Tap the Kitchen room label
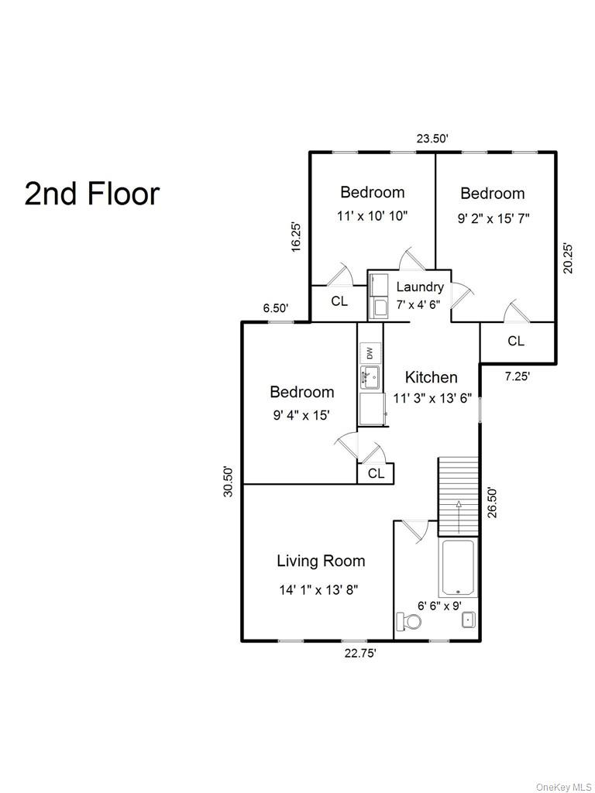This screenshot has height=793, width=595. coord(432,378)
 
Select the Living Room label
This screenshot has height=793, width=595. coord(321,561)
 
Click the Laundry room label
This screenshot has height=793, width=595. coord(420,287)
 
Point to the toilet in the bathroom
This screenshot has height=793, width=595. coord(408,622)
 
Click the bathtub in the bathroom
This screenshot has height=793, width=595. coord(457,568)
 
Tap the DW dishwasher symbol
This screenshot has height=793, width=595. coord(370,353)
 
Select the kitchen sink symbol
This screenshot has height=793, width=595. coord(370,379)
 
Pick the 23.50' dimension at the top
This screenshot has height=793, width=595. coord(432,139)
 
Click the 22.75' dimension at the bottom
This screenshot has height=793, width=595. coord(360,654)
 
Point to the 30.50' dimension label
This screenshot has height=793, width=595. coord(229,481)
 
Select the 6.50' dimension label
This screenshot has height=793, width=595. coord(276,308)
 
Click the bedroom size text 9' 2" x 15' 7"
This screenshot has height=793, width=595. coord(494,218)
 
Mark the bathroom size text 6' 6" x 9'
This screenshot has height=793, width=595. coord(440,606)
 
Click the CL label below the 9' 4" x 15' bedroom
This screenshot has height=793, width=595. coord(376,474)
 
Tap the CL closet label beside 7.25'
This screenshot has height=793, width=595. coord(516,341)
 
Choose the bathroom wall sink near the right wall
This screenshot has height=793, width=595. coord(468,620)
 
